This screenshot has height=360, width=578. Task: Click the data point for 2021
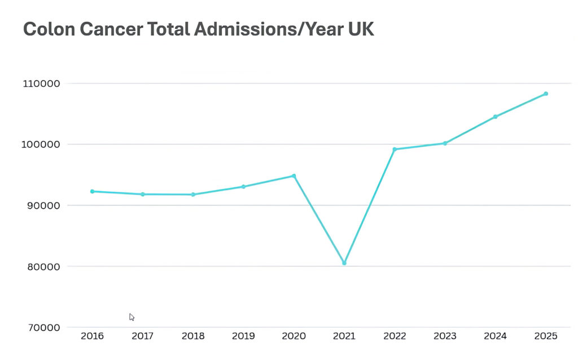(x=344, y=263)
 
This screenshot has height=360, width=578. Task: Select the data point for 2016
(x=92, y=191)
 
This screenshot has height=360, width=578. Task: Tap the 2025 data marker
(x=546, y=94)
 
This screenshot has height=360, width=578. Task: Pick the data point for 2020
(x=294, y=176)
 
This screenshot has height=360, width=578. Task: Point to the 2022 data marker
(x=395, y=150)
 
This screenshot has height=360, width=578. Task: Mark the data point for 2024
(x=495, y=117)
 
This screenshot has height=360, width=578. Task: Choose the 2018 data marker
(x=193, y=195)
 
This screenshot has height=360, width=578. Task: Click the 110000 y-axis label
(x=41, y=84)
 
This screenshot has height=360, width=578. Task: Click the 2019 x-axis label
(x=243, y=336)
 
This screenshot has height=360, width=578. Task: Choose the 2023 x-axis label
(x=445, y=336)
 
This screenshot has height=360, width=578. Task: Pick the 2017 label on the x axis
(x=143, y=336)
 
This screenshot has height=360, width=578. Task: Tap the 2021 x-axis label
(x=344, y=336)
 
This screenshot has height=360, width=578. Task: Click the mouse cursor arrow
(x=132, y=317)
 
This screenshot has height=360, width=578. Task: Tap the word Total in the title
(x=169, y=29)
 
